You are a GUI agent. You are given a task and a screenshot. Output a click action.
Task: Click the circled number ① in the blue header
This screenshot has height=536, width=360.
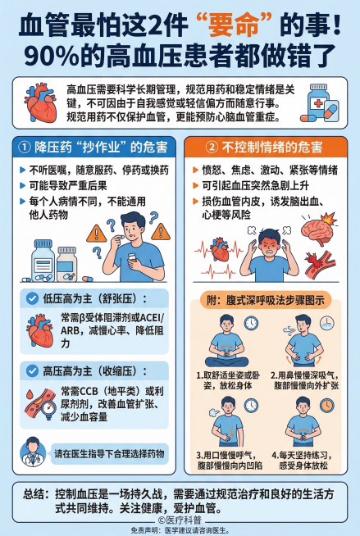(x=25, y=147)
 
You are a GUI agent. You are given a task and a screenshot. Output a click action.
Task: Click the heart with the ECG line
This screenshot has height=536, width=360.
(x=221, y=246)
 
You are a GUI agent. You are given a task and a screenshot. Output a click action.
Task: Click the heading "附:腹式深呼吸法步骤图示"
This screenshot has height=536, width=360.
(x=267, y=300)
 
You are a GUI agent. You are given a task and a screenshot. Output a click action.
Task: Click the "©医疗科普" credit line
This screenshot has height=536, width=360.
(x=180, y=520)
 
